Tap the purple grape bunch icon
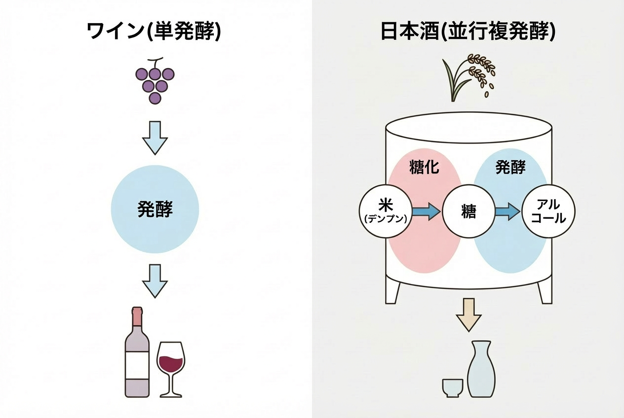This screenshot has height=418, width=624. [x=155, y=81]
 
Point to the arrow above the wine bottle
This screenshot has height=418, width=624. [x=155, y=280]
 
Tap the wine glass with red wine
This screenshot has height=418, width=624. [x=170, y=367]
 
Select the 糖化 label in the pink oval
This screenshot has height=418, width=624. [x=424, y=168]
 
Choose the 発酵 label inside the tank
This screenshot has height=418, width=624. [x=510, y=168]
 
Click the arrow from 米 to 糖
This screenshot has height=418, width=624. [x=426, y=212]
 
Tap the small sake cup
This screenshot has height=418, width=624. [x=453, y=387]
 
